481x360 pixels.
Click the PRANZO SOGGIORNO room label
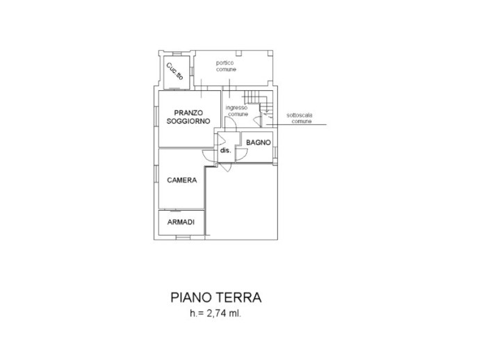click(188, 117)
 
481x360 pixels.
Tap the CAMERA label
click(182, 180)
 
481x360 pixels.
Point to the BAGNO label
click(257, 142)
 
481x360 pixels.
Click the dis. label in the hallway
click(225, 150)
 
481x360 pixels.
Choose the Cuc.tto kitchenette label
click(174, 72)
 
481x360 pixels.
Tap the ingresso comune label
click(237, 111)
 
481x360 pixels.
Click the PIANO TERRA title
click(215, 297)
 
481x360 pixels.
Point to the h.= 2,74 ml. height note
click(215, 313)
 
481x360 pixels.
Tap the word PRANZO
click(188, 112)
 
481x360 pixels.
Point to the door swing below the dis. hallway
click(227, 167)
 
